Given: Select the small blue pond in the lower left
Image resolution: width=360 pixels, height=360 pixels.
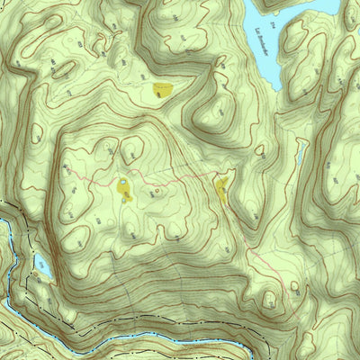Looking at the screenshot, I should pos(41,263).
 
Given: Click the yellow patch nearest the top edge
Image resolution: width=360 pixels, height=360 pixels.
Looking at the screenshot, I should pos(162,88).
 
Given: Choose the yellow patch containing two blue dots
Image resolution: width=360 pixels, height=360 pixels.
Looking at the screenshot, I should pos(123,189).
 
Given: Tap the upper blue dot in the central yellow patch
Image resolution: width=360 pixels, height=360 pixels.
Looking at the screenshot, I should pos(122,183).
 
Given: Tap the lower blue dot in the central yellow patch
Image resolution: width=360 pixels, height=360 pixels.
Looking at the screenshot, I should pos(124,199).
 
